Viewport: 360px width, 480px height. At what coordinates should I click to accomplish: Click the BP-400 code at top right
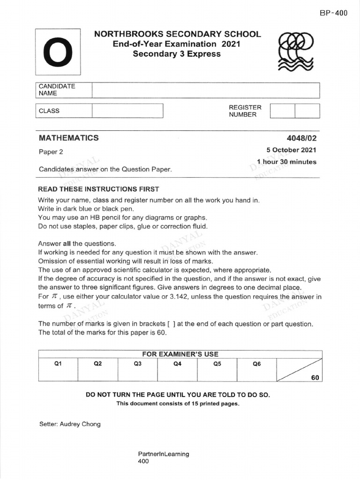[x=333, y=13]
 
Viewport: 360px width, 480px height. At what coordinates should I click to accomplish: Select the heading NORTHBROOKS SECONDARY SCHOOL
[x=178, y=34]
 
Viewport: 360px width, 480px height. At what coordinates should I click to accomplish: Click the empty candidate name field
[x=205, y=90]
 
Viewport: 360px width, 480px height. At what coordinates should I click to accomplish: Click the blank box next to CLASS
[x=127, y=111]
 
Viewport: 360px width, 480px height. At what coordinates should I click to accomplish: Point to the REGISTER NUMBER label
[x=245, y=111]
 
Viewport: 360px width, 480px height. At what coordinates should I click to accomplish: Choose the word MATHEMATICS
[x=68, y=138]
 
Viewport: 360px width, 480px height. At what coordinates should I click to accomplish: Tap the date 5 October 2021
[x=291, y=150]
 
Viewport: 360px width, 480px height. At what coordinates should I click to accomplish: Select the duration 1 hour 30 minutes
[x=286, y=162]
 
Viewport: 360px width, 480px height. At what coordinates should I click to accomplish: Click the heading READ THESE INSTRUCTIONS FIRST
[x=98, y=189]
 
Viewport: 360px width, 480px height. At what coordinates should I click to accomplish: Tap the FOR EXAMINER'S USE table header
[x=180, y=354]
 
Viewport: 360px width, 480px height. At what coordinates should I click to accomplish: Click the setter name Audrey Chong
[x=69, y=424]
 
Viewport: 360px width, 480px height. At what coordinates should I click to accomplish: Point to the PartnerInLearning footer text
[x=164, y=454]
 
